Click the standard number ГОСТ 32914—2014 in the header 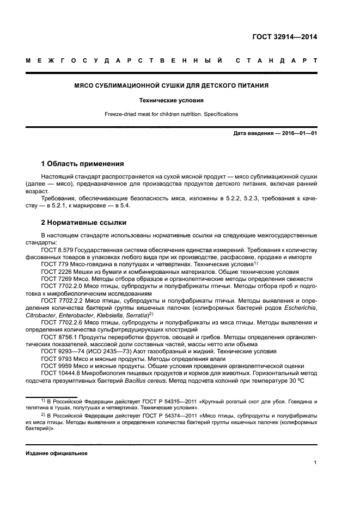[x=284, y=38]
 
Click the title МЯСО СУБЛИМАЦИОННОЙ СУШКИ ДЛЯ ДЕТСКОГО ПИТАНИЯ [x=171, y=86]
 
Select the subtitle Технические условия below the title [x=171, y=101]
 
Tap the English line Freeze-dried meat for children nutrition [x=171, y=114]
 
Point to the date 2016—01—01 [x=298, y=133]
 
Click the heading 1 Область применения [x=82, y=164]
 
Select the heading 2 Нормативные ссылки [x=84, y=223]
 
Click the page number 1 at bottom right [x=315, y=463]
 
